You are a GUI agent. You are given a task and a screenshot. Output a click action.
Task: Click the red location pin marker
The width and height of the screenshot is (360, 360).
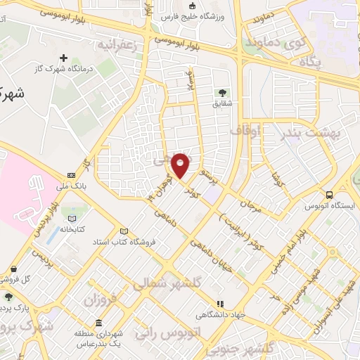coord(181,166)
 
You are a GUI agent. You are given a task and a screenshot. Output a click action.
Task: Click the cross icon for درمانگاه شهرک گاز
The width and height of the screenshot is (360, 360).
coord(64,58)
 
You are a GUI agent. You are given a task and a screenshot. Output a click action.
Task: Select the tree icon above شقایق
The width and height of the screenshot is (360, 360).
coord(223,92)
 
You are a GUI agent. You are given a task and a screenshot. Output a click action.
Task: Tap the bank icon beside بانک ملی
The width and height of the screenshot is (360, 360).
coord(71,175)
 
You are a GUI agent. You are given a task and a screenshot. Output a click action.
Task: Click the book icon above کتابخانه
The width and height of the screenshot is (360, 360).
coord(72,218)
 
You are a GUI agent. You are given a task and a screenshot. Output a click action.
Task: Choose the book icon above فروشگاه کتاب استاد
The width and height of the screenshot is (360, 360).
coord(124,231)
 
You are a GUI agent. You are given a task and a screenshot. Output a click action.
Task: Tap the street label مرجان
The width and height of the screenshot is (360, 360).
coord(252,206)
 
